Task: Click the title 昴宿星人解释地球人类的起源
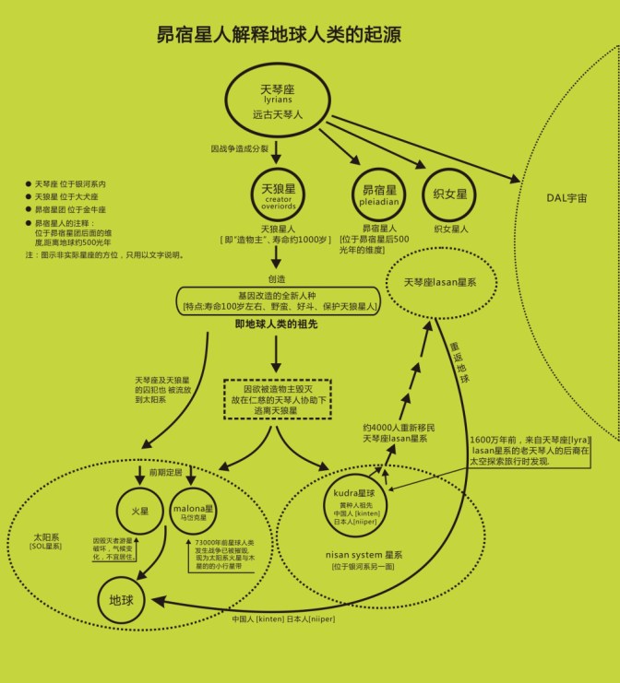tap(279, 36)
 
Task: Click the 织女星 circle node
tap(451, 193)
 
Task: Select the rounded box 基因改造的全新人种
tap(277, 300)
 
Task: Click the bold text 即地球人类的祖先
tap(277, 324)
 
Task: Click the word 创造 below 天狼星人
tap(277, 277)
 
